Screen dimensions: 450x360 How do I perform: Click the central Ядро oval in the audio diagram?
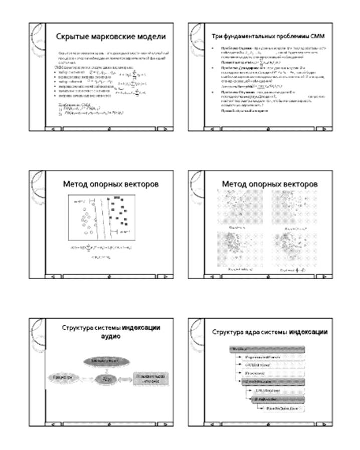[x=106, y=379]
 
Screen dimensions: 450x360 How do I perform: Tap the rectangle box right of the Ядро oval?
[x=150, y=379]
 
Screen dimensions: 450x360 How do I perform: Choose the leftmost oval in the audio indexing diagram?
[x=61, y=377]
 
